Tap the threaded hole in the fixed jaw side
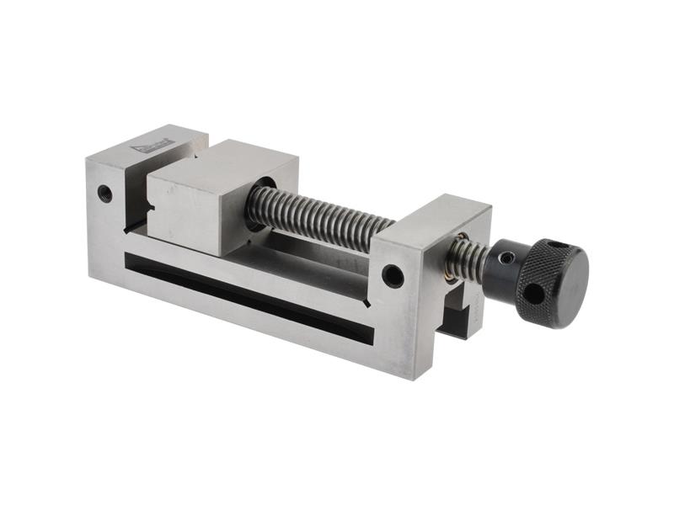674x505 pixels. point(104,193)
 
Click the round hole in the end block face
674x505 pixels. point(393,275)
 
